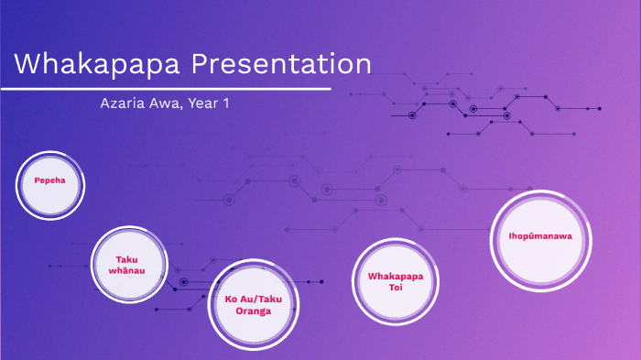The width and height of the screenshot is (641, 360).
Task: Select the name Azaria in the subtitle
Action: point(122,104)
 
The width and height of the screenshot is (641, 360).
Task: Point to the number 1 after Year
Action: point(225,104)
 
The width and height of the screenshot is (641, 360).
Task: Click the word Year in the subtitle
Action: point(203,104)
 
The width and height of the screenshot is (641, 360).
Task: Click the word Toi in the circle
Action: point(396,288)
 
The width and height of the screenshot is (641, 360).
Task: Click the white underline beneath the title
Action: point(165,90)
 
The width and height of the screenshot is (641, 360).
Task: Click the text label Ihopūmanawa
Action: point(540,235)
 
